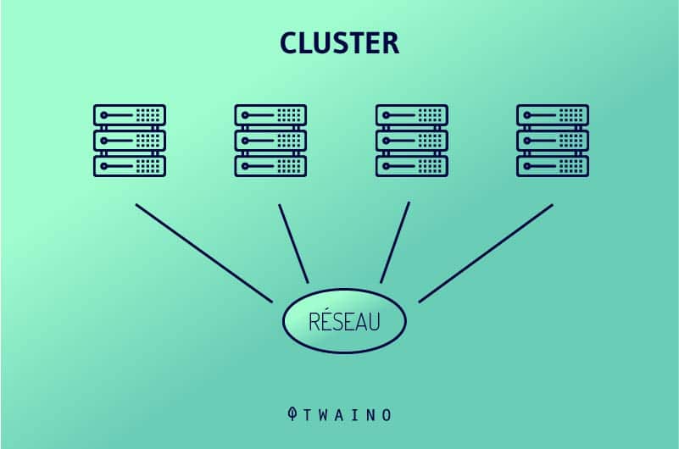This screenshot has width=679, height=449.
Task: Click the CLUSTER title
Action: point(339,43)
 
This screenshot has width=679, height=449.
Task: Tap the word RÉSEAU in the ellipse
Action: point(344,322)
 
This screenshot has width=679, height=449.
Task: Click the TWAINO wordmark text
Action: point(348,415)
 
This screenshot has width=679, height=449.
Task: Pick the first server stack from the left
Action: point(130,141)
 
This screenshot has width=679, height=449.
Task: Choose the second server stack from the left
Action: point(270,141)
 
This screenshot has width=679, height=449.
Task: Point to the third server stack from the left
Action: point(412,141)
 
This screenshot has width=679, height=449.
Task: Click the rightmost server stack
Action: point(553,141)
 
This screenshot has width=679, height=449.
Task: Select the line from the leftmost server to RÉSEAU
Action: point(203,252)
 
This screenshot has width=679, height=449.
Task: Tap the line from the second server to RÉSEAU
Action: point(293,242)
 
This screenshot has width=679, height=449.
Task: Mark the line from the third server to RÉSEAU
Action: point(395,242)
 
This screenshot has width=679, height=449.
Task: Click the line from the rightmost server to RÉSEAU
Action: point(486,252)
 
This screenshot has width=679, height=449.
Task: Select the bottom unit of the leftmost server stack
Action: point(130,166)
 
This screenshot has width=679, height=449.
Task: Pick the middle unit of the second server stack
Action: point(270,141)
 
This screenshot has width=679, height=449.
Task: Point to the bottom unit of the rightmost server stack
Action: point(553,166)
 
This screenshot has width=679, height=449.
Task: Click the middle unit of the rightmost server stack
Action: point(553,141)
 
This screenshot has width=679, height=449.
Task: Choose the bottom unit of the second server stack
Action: point(270,166)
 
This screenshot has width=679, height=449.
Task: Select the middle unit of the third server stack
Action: point(412,141)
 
